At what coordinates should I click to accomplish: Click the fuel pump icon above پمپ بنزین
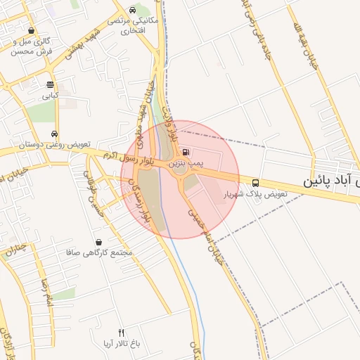click(x=185, y=152)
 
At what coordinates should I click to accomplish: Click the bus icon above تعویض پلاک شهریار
click(x=255, y=182)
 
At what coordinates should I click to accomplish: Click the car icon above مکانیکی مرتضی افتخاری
click(x=133, y=11)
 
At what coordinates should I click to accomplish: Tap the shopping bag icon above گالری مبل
click(x=32, y=31)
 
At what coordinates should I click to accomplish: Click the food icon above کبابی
click(x=49, y=83)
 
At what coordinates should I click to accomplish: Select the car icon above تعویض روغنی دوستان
click(x=54, y=134)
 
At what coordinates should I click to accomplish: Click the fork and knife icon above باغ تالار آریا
click(x=121, y=333)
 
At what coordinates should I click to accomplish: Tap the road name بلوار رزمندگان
click(x=139, y=202)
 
